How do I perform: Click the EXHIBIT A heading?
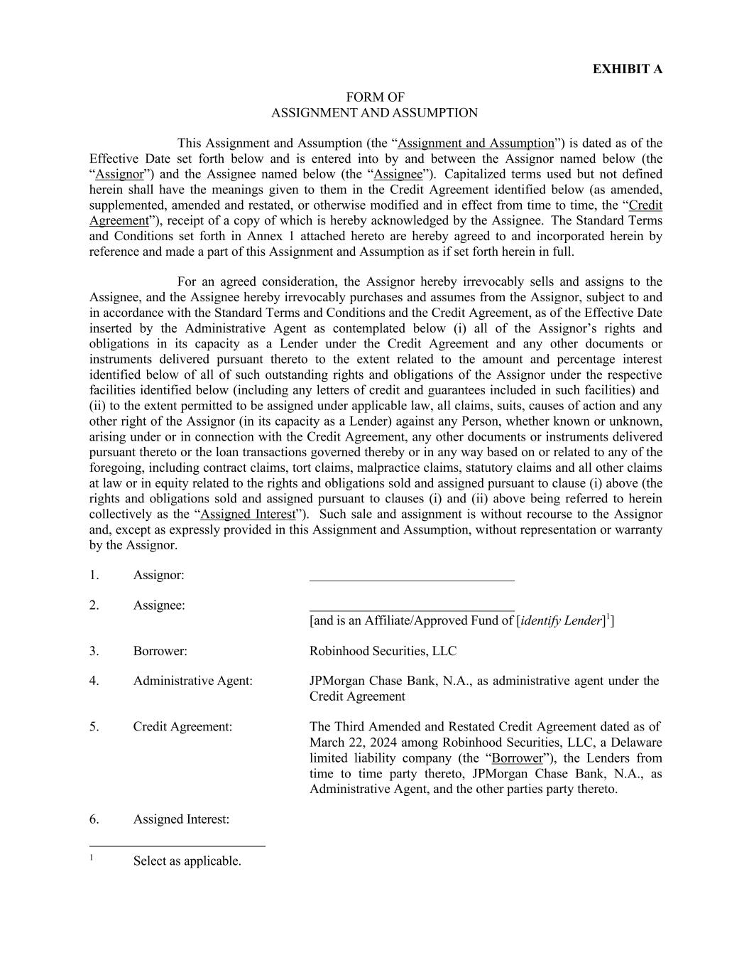[x=627, y=69]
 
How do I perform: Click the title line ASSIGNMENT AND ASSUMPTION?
[x=374, y=113]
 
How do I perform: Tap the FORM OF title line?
[x=375, y=97]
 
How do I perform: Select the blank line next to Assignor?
[x=412, y=579]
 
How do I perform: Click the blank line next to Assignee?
[x=412, y=609]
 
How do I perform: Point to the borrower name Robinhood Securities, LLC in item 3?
[x=383, y=651]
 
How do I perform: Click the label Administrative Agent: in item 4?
[x=192, y=681]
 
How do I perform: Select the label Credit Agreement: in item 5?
[x=182, y=726]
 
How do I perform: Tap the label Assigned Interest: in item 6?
[x=181, y=819]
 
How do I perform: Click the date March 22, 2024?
[x=351, y=743]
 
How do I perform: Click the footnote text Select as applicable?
[x=187, y=861]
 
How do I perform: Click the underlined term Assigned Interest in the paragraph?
[x=247, y=514]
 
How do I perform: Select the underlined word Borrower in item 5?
[x=517, y=758]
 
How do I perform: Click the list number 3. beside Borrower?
[x=94, y=651]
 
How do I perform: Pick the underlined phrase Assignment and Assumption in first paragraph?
[x=476, y=144]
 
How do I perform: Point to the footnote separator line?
[x=177, y=846]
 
